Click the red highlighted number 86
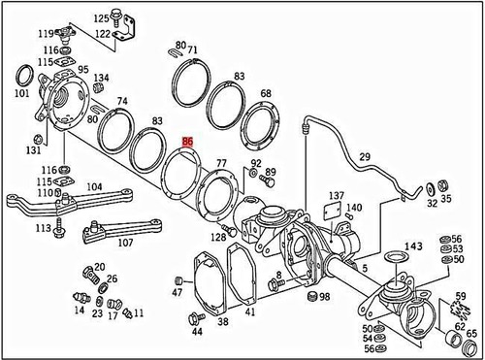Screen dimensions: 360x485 coord(187,141)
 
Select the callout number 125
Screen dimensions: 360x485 coord(102,18)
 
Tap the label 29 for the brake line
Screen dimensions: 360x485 coord(365,157)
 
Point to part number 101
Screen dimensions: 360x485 coord(21,94)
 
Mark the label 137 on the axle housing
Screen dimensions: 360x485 coord(336,197)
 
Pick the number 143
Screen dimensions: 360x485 coord(413,245)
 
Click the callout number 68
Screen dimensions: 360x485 coord(265,92)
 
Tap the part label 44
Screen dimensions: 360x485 coord(197,332)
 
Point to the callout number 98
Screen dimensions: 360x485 coord(325,296)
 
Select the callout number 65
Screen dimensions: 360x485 coord(471,334)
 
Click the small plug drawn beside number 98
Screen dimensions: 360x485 coord(311,294)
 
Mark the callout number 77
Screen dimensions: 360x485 coord(222,164)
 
